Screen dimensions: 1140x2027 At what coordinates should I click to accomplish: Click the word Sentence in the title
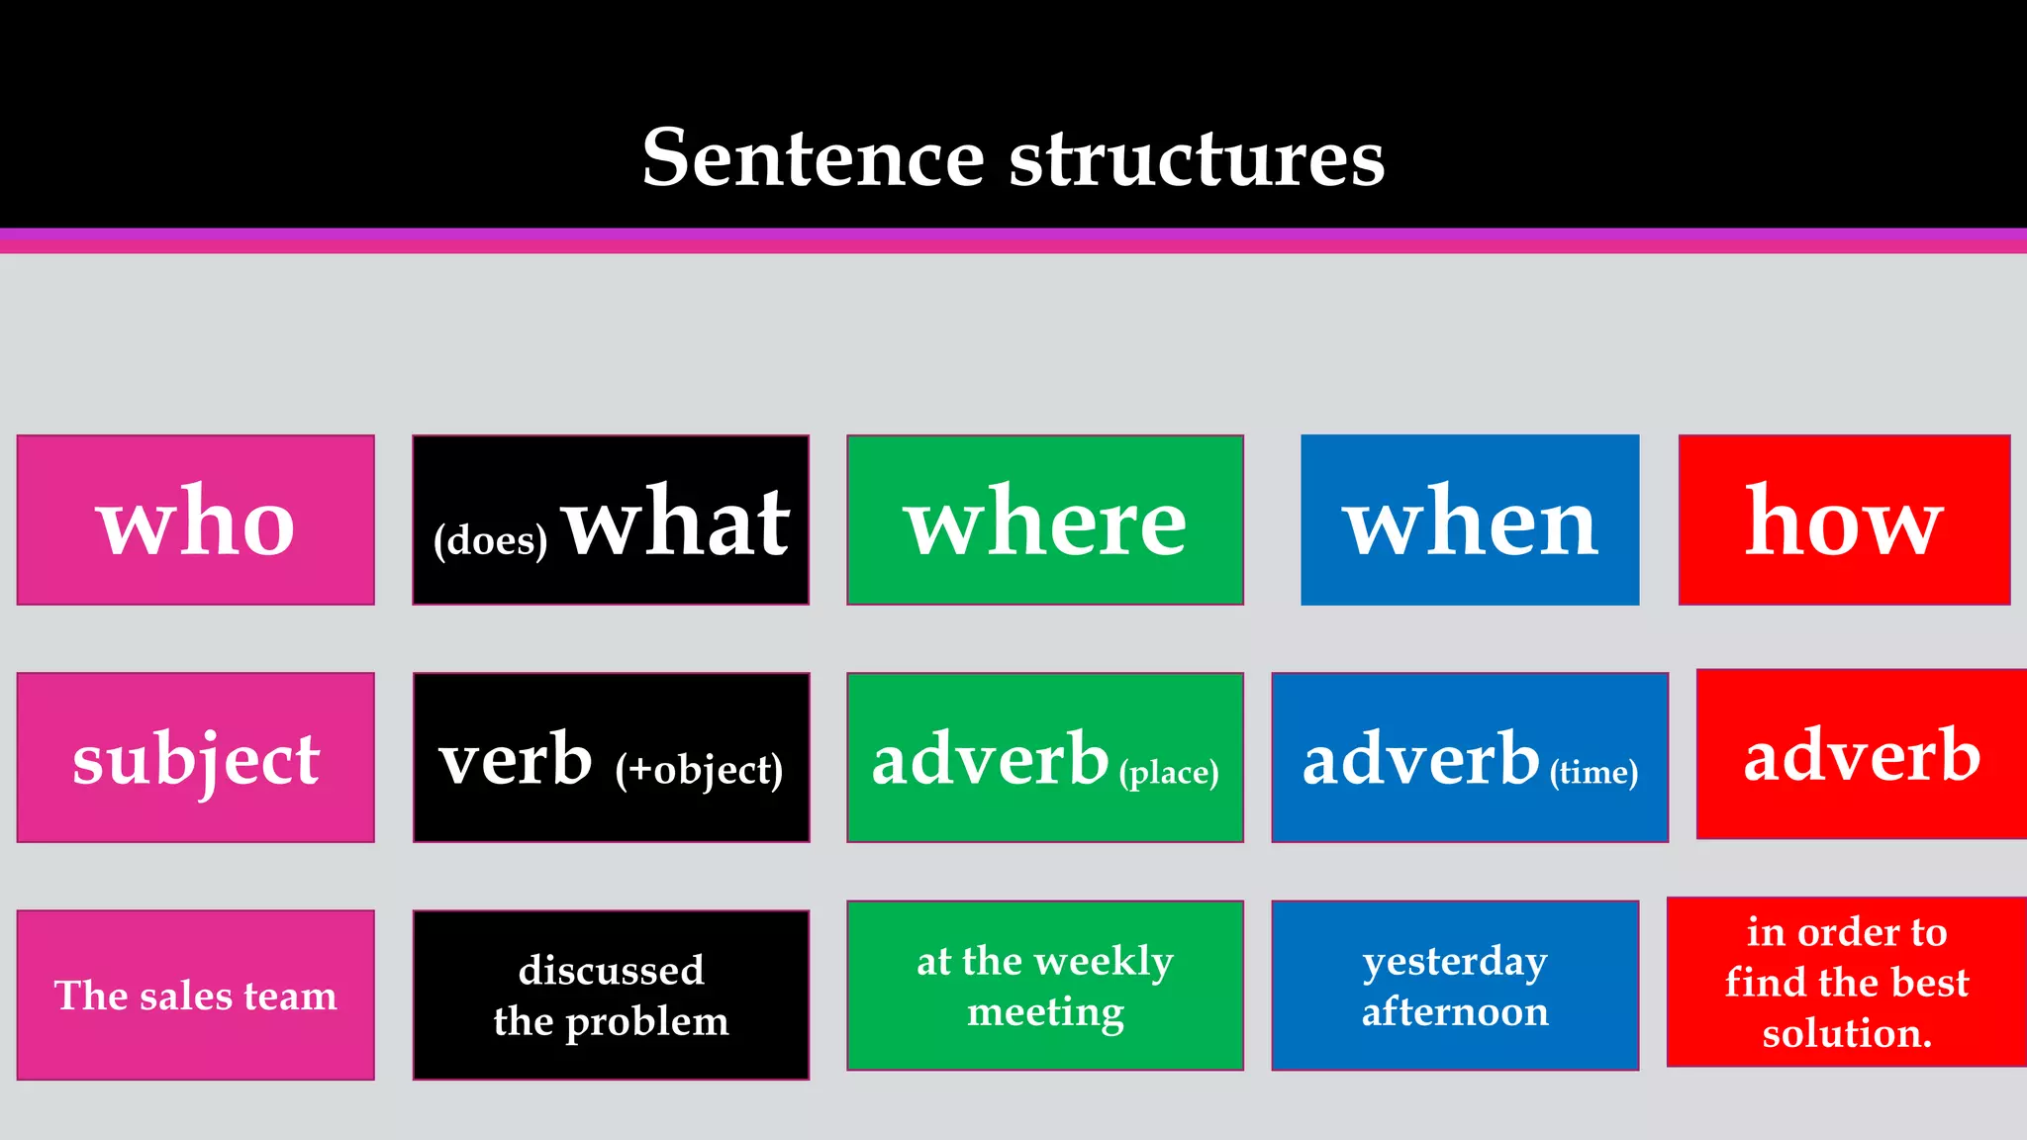click(x=813, y=158)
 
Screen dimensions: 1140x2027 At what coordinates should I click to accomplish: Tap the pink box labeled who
click(x=196, y=521)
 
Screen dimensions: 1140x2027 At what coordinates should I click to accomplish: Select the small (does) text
click(x=490, y=540)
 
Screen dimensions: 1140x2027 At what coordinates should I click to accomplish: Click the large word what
click(x=677, y=522)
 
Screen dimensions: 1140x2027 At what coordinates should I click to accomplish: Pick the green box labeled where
click(x=1045, y=521)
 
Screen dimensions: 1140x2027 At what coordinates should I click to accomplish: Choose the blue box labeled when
click(x=1470, y=521)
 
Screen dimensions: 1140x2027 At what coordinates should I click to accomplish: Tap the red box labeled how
click(x=1844, y=521)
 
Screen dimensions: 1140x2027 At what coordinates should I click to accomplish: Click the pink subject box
click(x=196, y=758)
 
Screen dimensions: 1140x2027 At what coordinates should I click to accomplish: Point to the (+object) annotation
click(x=699, y=770)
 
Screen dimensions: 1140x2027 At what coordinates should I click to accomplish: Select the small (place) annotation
click(x=1169, y=772)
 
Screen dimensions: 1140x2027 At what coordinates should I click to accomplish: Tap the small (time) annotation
click(x=1593, y=772)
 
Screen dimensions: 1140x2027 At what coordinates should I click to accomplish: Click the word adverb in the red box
click(x=1862, y=754)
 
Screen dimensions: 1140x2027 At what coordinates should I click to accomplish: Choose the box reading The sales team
click(x=196, y=995)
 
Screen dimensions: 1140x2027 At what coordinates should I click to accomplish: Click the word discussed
click(x=611, y=970)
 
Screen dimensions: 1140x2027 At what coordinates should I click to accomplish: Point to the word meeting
click(x=1045, y=1011)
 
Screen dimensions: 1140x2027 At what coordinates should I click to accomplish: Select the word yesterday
click(x=1455, y=962)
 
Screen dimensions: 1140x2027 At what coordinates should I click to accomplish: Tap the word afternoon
click(x=1455, y=1011)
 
